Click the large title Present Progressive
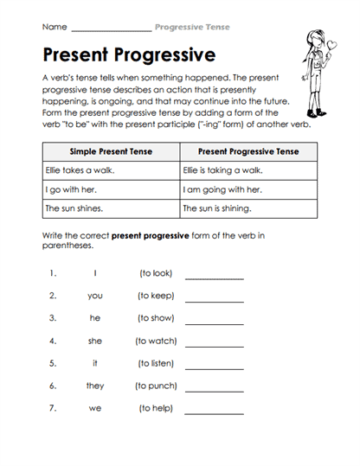point(128,55)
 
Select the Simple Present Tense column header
point(110,151)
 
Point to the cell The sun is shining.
point(217,208)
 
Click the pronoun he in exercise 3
point(95,318)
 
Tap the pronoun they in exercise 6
point(95,386)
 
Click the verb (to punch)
point(156,386)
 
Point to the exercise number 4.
point(53,341)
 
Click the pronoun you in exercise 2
point(95,296)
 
